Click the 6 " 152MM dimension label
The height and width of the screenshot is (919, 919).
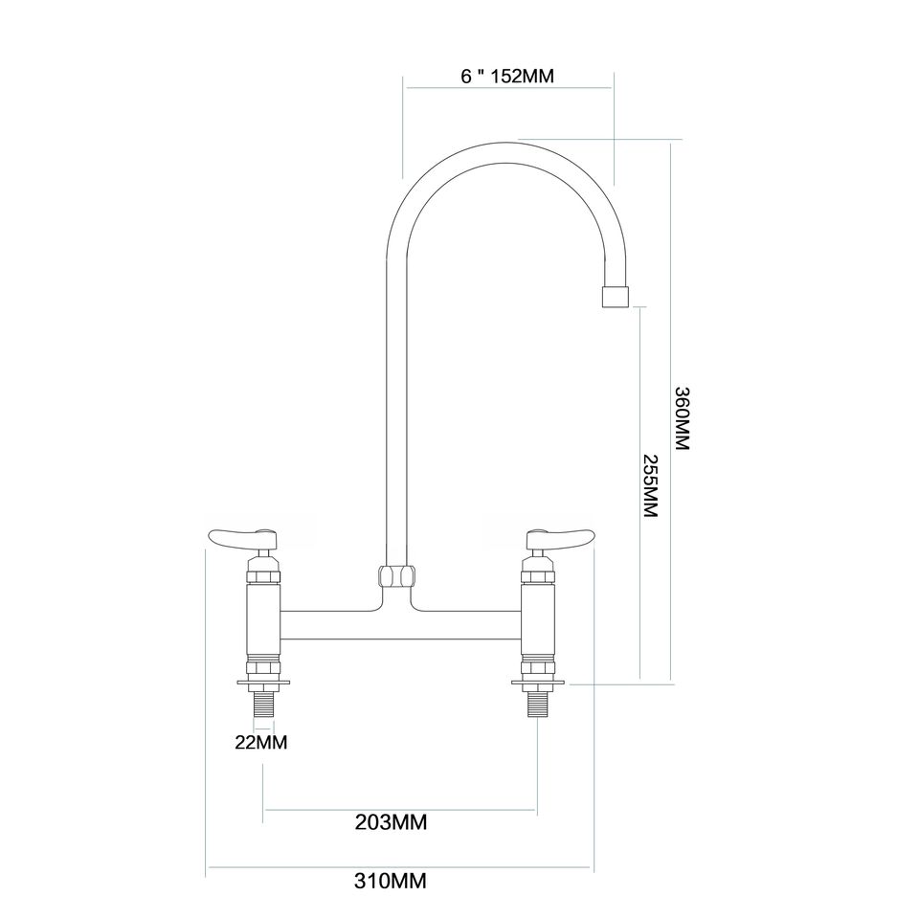click(507, 76)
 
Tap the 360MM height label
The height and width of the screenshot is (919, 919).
click(682, 419)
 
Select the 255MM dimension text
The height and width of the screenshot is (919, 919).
click(650, 485)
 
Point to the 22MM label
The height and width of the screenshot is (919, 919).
click(262, 742)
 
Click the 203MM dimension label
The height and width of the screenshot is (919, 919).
click(392, 821)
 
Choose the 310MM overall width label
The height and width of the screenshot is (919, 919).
click(392, 880)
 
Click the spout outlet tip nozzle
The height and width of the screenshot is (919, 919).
click(615, 297)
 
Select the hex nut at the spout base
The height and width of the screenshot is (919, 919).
click(395, 576)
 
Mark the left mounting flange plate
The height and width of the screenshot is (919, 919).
click(263, 684)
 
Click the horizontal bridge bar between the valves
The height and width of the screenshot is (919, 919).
click(399, 626)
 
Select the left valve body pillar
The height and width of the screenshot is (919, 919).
click(263, 620)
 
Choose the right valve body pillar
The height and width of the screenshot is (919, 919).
click(537, 620)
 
